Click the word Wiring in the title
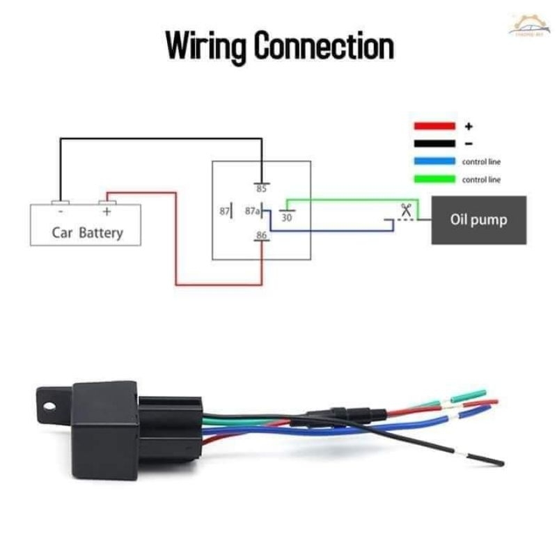205,46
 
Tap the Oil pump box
478,220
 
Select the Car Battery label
87,232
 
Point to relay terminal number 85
261,189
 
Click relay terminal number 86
261,235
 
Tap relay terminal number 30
286,217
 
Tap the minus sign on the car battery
61,210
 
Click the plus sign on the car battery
107,210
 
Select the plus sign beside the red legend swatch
469,127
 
